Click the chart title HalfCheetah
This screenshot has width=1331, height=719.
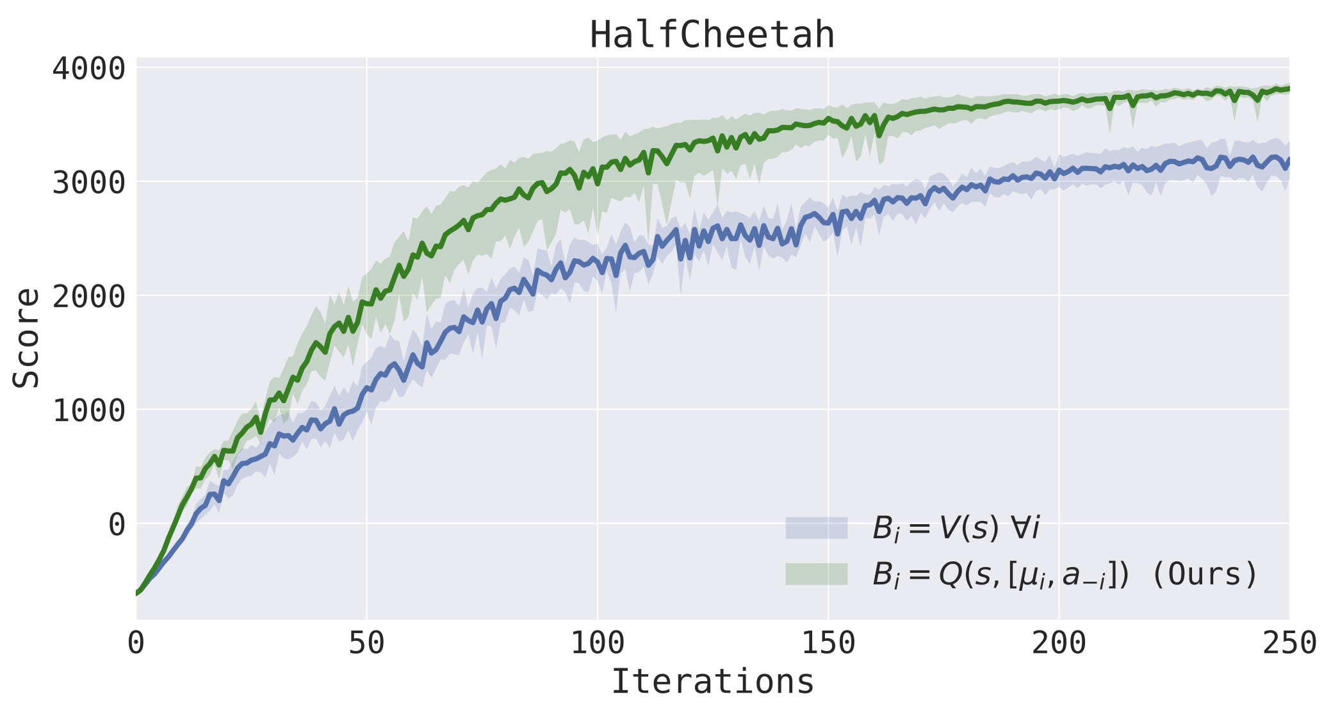pyautogui.click(x=712, y=35)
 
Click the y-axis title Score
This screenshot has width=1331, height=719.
pyautogui.click(x=27, y=338)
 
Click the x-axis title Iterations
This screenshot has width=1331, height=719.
pyautogui.click(x=712, y=681)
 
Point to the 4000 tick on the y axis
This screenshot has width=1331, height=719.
pyautogui.click(x=88, y=68)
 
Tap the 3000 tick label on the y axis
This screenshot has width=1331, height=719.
pyautogui.click(x=88, y=182)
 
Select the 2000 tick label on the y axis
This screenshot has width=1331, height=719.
pyautogui.click(x=88, y=296)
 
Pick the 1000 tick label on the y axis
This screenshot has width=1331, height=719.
pyautogui.click(x=88, y=410)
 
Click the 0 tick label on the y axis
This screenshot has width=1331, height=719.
pyautogui.click(x=117, y=524)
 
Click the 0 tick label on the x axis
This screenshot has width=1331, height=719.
pyautogui.click(x=136, y=643)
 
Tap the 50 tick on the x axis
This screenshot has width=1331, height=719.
pyautogui.click(x=366, y=643)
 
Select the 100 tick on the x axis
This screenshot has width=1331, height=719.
pyautogui.click(x=597, y=643)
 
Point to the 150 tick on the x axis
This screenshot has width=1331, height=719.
pyautogui.click(x=828, y=643)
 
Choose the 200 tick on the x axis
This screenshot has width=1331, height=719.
pyautogui.click(x=1059, y=643)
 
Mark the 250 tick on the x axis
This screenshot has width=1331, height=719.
pyautogui.click(x=1289, y=643)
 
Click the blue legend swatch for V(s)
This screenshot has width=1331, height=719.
pyautogui.click(x=817, y=528)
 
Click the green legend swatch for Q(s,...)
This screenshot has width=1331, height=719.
pyautogui.click(x=817, y=574)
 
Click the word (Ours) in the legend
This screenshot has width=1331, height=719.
pyautogui.click(x=1204, y=574)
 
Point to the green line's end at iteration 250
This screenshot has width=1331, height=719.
pyautogui.click(x=1288, y=88)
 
